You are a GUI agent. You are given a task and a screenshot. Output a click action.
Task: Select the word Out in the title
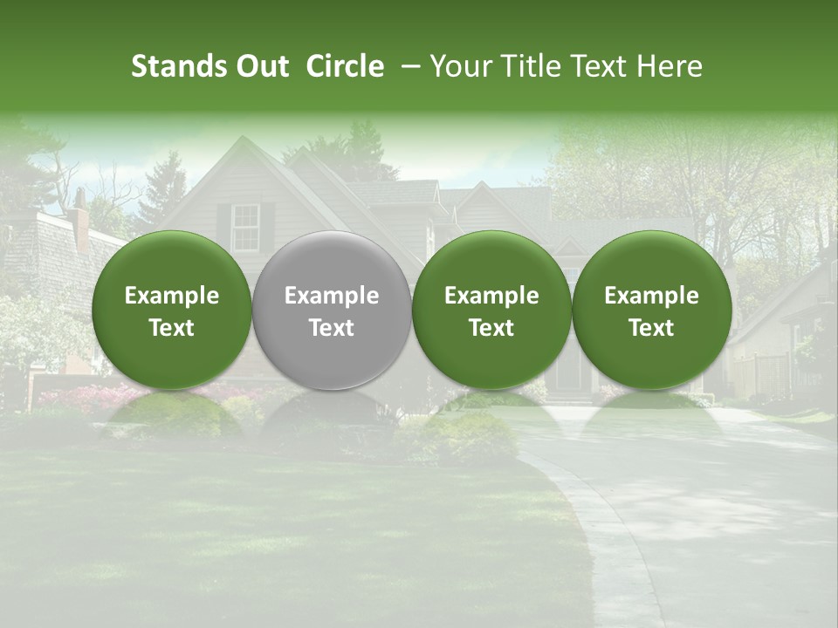click(x=260, y=67)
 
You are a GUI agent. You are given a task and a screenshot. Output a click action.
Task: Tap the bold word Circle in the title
click(x=345, y=67)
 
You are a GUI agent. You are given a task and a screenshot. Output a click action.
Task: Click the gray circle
click(x=332, y=310)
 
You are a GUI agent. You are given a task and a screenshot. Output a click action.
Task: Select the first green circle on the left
click(x=172, y=310)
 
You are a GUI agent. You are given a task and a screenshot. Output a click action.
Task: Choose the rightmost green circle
click(x=651, y=310)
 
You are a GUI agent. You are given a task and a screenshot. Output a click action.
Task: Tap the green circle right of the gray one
click(x=491, y=310)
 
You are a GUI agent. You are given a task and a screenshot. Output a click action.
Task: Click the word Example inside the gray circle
click(x=332, y=296)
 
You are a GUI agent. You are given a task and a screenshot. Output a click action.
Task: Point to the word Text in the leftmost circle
click(x=172, y=328)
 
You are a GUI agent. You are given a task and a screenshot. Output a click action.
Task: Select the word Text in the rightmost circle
click(x=651, y=328)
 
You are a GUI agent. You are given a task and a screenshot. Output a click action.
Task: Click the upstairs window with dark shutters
click(x=246, y=226)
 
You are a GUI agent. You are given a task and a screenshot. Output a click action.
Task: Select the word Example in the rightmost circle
click(x=651, y=296)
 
